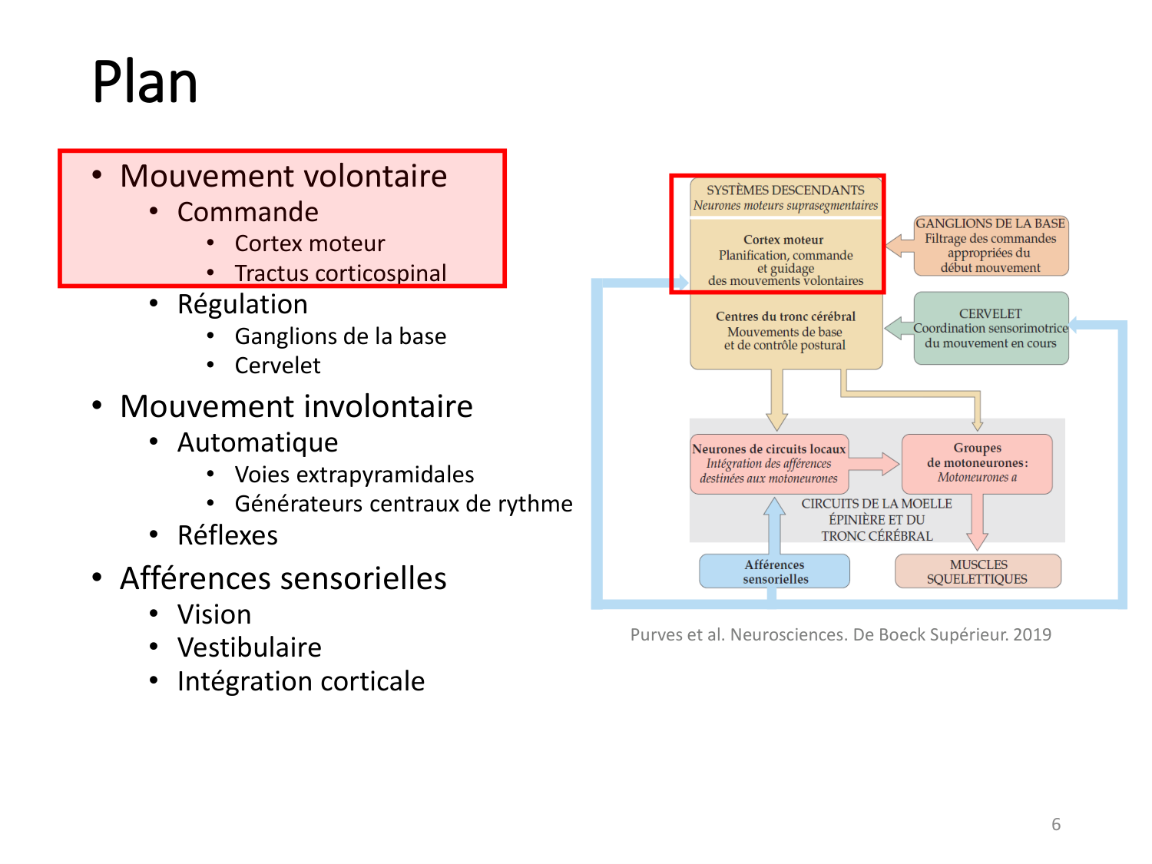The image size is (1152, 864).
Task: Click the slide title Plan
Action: pyautogui.click(x=144, y=82)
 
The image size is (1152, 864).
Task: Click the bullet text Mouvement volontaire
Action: pyautogui.click(x=283, y=176)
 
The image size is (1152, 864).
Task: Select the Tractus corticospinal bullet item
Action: pyautogui.click(x=340, y=273)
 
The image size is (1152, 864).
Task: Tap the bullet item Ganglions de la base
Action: pyautogui.click(x=340, y=336)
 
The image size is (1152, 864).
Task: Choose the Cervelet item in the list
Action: pyautogui.click(x=277, y=366)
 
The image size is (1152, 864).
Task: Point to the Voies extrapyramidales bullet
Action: pyautogui.click(x=354, y=475)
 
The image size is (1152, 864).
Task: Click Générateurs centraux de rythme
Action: pyautogui.click(x=403, y=504)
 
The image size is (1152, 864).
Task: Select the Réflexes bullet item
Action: pyautogui.click(x=227, y=535)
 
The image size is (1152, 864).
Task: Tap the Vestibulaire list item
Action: pyautogui.click(x=249, y=647)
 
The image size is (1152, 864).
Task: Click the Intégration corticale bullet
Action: pyautogui.click(x=300, y=681)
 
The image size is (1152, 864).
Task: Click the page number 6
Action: pyautogui.click(x=1056, y=824)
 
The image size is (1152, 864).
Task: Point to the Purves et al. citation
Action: pyautogui.click(x=840, y=634)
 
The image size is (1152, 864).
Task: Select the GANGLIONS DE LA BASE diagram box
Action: pyautogui.click(x=991, y=246)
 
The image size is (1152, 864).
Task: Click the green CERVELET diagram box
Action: pyautogui.click(x=991, y=328)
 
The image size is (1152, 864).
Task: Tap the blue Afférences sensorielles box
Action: pyautogui.click(x=774, y=571)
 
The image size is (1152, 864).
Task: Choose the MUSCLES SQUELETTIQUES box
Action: pyautogui.click(x=978, y=571)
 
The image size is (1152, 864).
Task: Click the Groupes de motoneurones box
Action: pyautogui.click(x=977, y=463)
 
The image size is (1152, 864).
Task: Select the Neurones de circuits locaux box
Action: pyautogui.click(x=769, y=463)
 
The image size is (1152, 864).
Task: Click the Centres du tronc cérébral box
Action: pyautogui.click(x=786, y=332)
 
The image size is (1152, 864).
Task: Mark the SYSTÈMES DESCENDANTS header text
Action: pyautogui.click(x=785, y=190)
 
